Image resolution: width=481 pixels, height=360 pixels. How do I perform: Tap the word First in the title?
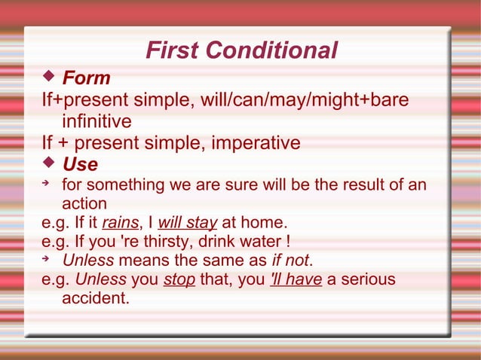tap(173, 50)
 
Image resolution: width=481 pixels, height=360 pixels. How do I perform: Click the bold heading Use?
tap(79, 163)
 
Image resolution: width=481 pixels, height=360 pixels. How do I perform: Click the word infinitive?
tap(97, 121)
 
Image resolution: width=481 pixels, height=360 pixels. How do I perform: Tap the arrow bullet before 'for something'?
tap(47, 183)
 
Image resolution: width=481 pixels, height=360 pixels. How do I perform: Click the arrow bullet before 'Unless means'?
tap(47, 259)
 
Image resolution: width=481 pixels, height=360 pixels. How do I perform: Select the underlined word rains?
tap(118, 223)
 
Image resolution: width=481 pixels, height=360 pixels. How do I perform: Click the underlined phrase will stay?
tap(188, 223)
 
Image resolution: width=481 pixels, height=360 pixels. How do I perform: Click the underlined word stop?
tap(179, 279)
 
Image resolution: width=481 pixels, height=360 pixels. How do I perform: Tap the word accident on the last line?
tap(95, 298)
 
